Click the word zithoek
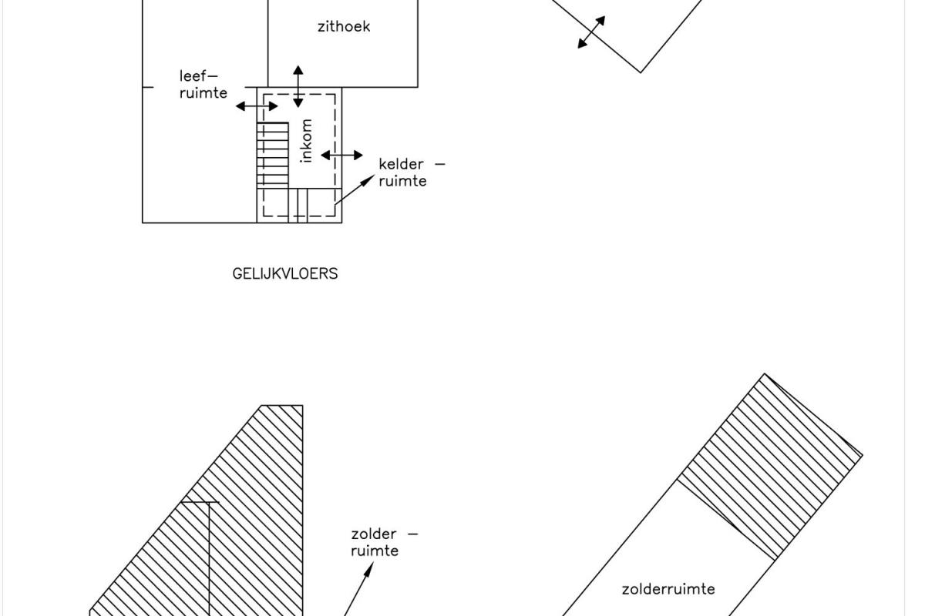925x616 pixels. tap(344, 27)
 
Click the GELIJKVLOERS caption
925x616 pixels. tap(285, 273)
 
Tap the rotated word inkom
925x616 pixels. tap(307, 141)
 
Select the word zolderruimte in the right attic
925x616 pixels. tap(668, 589)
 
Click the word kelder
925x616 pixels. tap(401, 164)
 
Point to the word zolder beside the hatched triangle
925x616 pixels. tap(374, 534)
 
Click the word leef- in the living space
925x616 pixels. tap(198, 76)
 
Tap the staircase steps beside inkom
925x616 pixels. tap(273, 156)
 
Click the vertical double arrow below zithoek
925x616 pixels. tap(298, 86)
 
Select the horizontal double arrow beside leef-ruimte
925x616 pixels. tap(257, 106)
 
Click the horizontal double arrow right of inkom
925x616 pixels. tap(342, 155)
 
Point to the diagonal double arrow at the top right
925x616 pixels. tap(591, 32)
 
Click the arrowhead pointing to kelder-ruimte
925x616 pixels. tap(368, 180)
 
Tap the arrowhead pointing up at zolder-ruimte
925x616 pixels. tap(368, 570)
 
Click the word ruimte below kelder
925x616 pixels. tap(402, 181)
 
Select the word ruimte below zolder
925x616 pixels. tap(375, 551)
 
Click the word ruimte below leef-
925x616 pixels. tap(203, 93)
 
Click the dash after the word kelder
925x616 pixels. tap(440, 164)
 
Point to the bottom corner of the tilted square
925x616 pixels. tap(641, 72)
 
